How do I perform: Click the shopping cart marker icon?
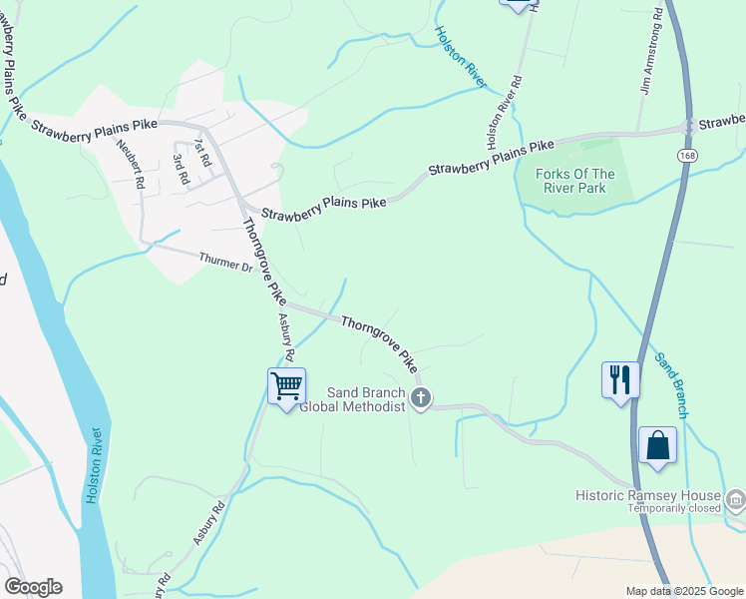(287, 385)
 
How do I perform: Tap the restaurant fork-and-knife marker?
(620, 379)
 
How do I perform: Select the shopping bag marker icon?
(658, 445)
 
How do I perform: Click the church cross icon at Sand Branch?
(421, 399)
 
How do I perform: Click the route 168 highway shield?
(685, 156)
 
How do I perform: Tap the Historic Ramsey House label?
(648, 495)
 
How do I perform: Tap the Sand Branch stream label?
(671, 385)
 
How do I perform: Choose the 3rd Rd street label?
(181, 170)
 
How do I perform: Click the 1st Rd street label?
(202, 153)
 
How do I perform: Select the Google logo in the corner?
(33, 587)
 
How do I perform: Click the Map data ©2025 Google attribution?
(684, 591)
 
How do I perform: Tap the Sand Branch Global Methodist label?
(353, 399)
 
